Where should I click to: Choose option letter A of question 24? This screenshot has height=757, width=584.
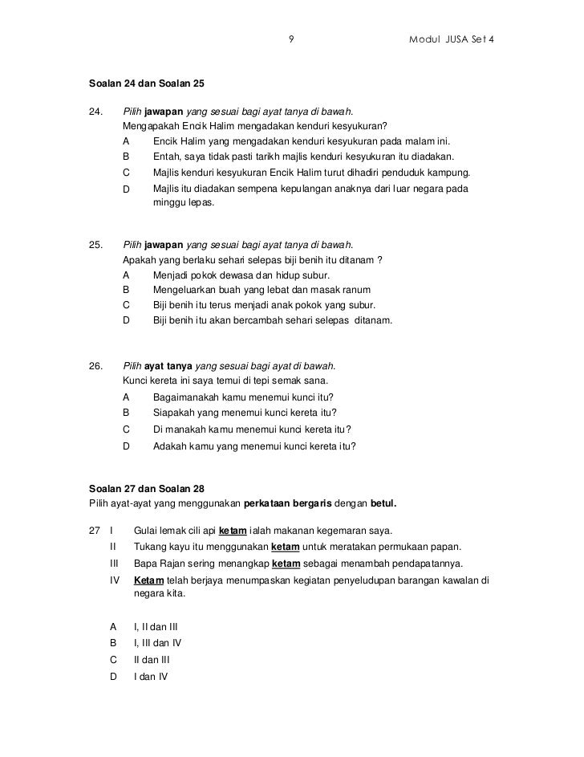(x=126, y=141)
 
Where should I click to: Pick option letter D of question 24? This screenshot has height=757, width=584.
(x=126, y=189)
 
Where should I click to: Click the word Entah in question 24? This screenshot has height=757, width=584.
(x=166, y=157)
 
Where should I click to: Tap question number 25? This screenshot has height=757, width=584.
(x=96, y=245)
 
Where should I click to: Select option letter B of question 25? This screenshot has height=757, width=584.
(x=126, y=290)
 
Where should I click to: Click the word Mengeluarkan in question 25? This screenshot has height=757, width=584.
(x=185, y=290)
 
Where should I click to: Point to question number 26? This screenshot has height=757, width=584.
(x=96, y=366)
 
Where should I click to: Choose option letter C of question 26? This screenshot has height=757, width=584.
(x=126, y=429)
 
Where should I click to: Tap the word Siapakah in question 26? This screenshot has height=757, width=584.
(x=175, y=413)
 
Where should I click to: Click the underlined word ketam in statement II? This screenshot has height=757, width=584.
(x=286, y=547)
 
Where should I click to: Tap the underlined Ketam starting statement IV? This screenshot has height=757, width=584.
(x=148, y=580)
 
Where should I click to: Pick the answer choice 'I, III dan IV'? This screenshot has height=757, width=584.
(x=158, y=643)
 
